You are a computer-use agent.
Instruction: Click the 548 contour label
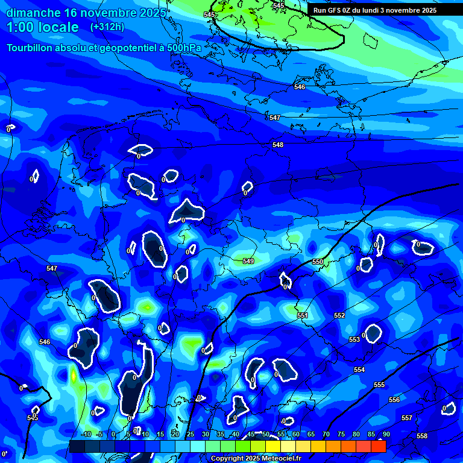[x=277, y=145]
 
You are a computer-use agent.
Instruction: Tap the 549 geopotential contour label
[x=248, y=261]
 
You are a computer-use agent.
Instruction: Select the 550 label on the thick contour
[x=318, y=262]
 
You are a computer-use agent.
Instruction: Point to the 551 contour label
[x=303, y=315]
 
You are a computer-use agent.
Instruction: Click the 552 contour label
[x=339, y=315]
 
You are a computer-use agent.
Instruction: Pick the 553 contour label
[x=354, y=339]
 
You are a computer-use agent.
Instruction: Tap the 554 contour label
[x=359, y=370]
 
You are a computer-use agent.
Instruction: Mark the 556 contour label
[x=394, y=400]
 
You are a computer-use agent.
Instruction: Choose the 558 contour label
[x=422, y=436]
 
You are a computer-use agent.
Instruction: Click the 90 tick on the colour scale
[x=386, y=434]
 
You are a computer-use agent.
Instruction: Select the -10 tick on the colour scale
[x=86, y=434]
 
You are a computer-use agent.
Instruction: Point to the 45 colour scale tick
[x=250, y=434]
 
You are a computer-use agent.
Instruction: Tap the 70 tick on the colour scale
[x=326, y=434]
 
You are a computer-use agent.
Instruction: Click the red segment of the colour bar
[x=378, y=447]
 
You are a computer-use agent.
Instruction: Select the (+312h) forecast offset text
[x=107, y=27]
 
